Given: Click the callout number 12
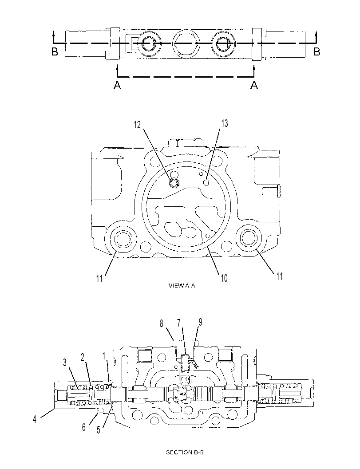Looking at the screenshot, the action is pyautogui.click(x=137, y=124).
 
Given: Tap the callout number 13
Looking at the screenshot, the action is pyautogui.click(x=225, y=123).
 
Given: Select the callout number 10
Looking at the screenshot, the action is pyautogui.click(x=224, y=278).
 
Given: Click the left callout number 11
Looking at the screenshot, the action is pyautogui.click(x=99, y=279).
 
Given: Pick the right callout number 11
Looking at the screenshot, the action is pyautogui.click(x=279, y=276).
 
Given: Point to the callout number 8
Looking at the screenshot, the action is pyautogui.click(x=162, y=323).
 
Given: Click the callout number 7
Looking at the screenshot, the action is pyautogui.click(x=179, y=323).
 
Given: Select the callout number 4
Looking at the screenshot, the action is pyautogui.click(x=35, y=419).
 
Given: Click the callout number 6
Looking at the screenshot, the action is pyautogui.click(x=84, y=427).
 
